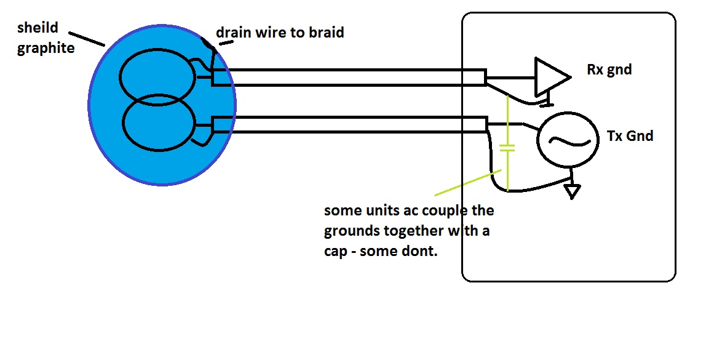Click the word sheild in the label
(38, 28)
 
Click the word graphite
(46, 48)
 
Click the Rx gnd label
(609, 70)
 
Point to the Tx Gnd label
(630, 135)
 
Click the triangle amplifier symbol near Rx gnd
(552, 77)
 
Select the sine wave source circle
(568, 140)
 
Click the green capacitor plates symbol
(507, 148)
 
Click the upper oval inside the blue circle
(157, 78)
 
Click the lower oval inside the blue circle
(159, 122)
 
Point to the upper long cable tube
(349, 78)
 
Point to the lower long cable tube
(349, 124)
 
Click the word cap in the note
(335, 252)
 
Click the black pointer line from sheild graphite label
(87, 39)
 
